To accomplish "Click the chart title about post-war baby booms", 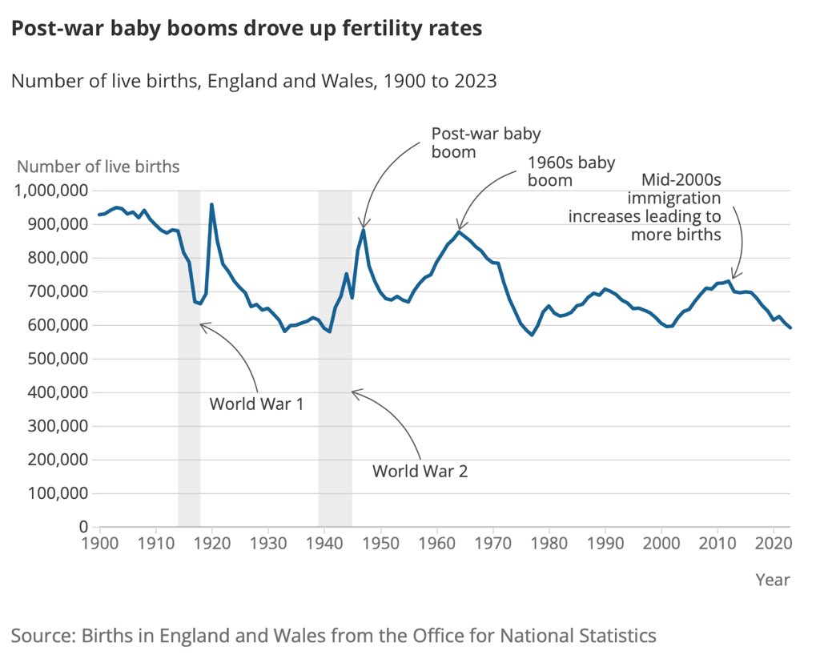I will point(246,29).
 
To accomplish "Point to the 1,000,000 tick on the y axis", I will point(50,191).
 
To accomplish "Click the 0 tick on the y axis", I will point(82,527).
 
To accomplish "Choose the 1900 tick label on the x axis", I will point(100,543).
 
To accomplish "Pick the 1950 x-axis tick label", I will point(380,543).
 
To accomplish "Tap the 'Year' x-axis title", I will point(773,580).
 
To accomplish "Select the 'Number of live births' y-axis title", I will point(98,167).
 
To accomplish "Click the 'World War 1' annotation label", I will point(256,403).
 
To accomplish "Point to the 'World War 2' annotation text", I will point(420,471).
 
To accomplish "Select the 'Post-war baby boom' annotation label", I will point(486,143).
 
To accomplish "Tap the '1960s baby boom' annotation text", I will point(571,171).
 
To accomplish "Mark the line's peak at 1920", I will point(211,204).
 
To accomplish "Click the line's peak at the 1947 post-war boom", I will point(364,230).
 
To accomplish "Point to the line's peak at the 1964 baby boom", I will point(459,231).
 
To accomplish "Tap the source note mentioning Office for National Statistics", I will point(333,636).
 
